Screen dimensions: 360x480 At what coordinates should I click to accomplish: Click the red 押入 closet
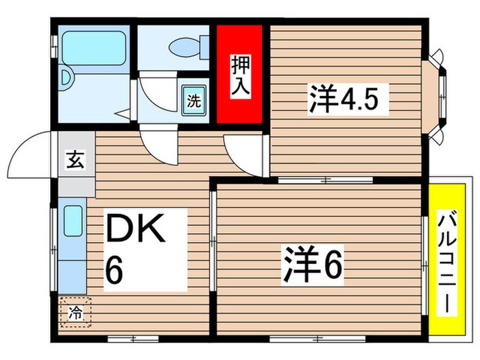click(240, 74)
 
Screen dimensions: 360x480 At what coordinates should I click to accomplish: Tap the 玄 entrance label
click(72, 163)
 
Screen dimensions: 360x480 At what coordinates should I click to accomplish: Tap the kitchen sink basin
click(73, 221)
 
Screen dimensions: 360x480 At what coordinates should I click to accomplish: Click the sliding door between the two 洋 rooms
click(325, 180)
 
